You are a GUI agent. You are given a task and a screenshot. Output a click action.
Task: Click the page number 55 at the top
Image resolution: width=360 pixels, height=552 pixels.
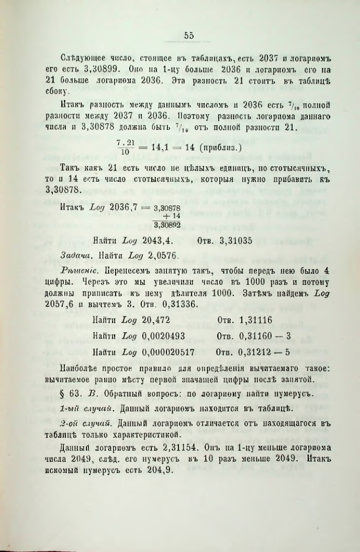pyautogui.click(x=189, y=36)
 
